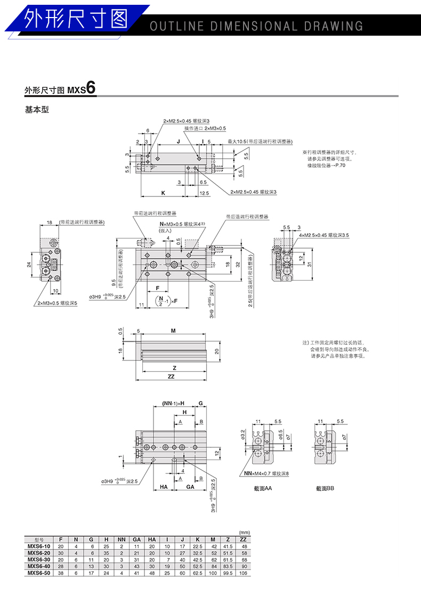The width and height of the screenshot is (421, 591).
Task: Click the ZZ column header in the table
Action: tap(245, 539)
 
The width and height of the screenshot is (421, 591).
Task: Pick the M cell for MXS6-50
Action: tap(213, 573)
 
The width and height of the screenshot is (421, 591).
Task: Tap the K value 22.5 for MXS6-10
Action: tap(198, 546)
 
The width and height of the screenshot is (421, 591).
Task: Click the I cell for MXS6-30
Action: tap(167, 559)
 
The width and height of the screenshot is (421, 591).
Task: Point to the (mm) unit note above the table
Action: tap(245, 532)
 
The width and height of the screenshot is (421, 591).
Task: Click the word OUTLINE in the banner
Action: tap(177, 26)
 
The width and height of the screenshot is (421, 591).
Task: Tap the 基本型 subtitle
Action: tap(37, 110)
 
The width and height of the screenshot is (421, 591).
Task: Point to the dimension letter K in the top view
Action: tap(163, 192)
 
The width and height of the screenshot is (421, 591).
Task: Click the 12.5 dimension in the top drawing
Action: tap(204, 192)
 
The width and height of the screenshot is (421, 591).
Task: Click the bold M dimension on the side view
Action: tap(173, 331)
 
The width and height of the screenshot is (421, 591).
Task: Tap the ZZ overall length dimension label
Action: tap(171, 376)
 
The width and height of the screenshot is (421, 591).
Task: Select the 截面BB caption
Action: tap(325, 488)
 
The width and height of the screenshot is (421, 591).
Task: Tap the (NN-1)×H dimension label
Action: tap(173, 403)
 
